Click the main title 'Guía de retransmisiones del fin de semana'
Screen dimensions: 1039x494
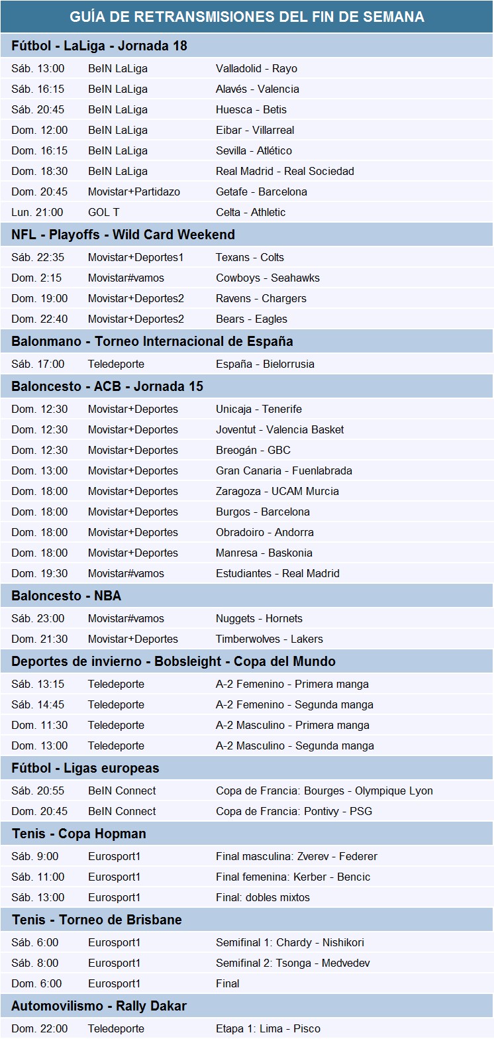(247, 17)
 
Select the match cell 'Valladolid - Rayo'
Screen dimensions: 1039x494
(256, 68)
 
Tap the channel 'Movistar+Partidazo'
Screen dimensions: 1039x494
(134, 191)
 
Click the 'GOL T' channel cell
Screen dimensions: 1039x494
(103, 212)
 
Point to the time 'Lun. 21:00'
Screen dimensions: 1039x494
(37, 212)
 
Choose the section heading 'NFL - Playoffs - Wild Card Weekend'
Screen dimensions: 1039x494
(123, 235)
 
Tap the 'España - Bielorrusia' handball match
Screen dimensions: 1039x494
(265, 364)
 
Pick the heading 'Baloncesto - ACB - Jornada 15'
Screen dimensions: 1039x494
(107, 386)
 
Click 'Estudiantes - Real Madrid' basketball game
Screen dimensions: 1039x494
(277, 573)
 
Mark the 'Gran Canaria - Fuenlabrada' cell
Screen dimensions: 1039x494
(284, 470)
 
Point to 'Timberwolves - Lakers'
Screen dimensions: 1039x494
(270, 639)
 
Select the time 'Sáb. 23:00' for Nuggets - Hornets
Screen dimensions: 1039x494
(38, 618)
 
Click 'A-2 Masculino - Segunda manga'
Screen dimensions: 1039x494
(295, 745)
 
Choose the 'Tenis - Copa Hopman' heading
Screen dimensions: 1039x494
(79, 834)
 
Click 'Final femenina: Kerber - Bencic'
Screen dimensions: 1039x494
(293, 877)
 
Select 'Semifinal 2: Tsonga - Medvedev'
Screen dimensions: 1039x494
(293, 963)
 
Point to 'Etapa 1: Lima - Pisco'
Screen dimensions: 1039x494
(268, 1028)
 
